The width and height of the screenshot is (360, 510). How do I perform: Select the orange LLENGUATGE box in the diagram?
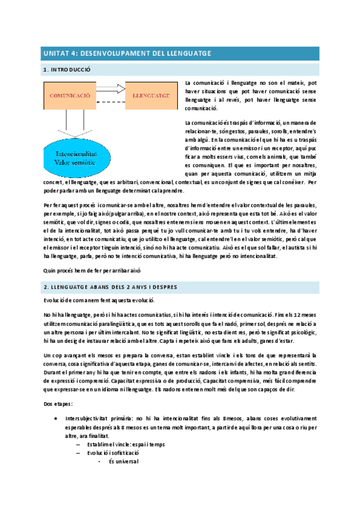point(150,96)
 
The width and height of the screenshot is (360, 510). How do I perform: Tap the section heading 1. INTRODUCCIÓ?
point(66,70)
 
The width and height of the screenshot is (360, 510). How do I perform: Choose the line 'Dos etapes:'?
point(58,389)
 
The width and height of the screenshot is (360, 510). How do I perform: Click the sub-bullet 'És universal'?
point(123,462)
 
